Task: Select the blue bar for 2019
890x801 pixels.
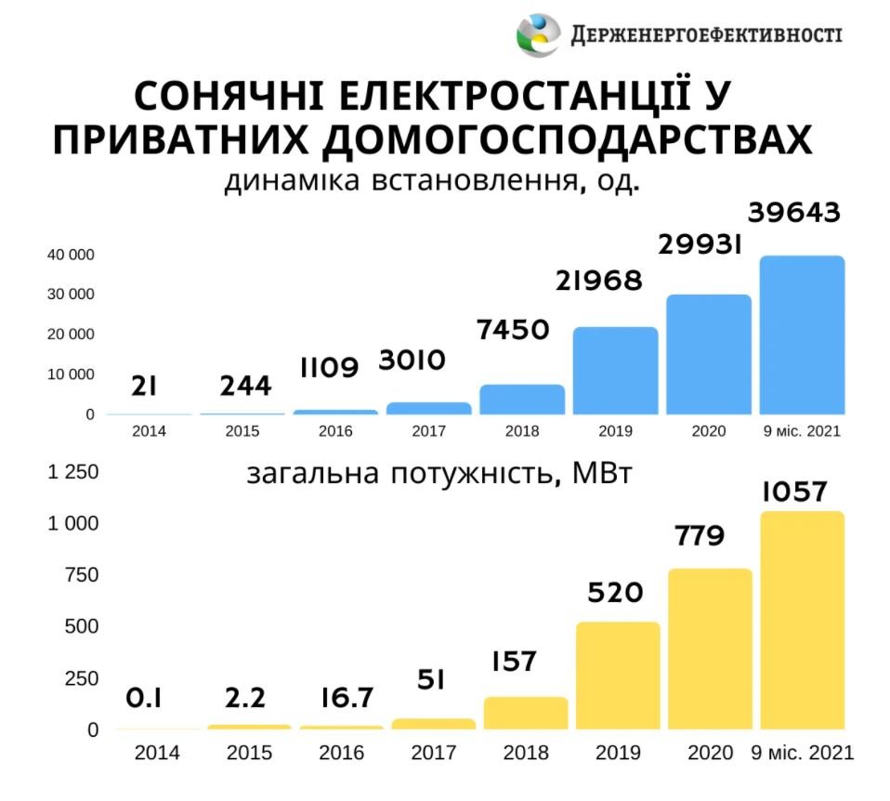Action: pos(615,371)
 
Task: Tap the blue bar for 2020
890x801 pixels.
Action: pos(708,354)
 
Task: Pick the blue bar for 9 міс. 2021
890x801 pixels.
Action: pos(802,335)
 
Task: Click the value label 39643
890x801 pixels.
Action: pos(794,213)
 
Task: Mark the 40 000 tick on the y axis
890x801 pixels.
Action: pos(71,255)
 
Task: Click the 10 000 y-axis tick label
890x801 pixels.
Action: pos(71,374)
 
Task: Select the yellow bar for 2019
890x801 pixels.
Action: pos(618,676)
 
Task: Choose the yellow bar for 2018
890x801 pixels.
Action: pos(525,713)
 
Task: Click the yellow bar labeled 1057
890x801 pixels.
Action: pos(802,620)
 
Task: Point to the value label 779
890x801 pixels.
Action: pos(698,537)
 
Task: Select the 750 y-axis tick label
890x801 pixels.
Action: pos(80,575)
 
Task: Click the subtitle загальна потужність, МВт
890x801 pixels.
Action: pos(439,475)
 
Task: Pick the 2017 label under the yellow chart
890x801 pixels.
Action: pos(434,752)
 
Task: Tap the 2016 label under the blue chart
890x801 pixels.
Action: pos(335,432)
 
